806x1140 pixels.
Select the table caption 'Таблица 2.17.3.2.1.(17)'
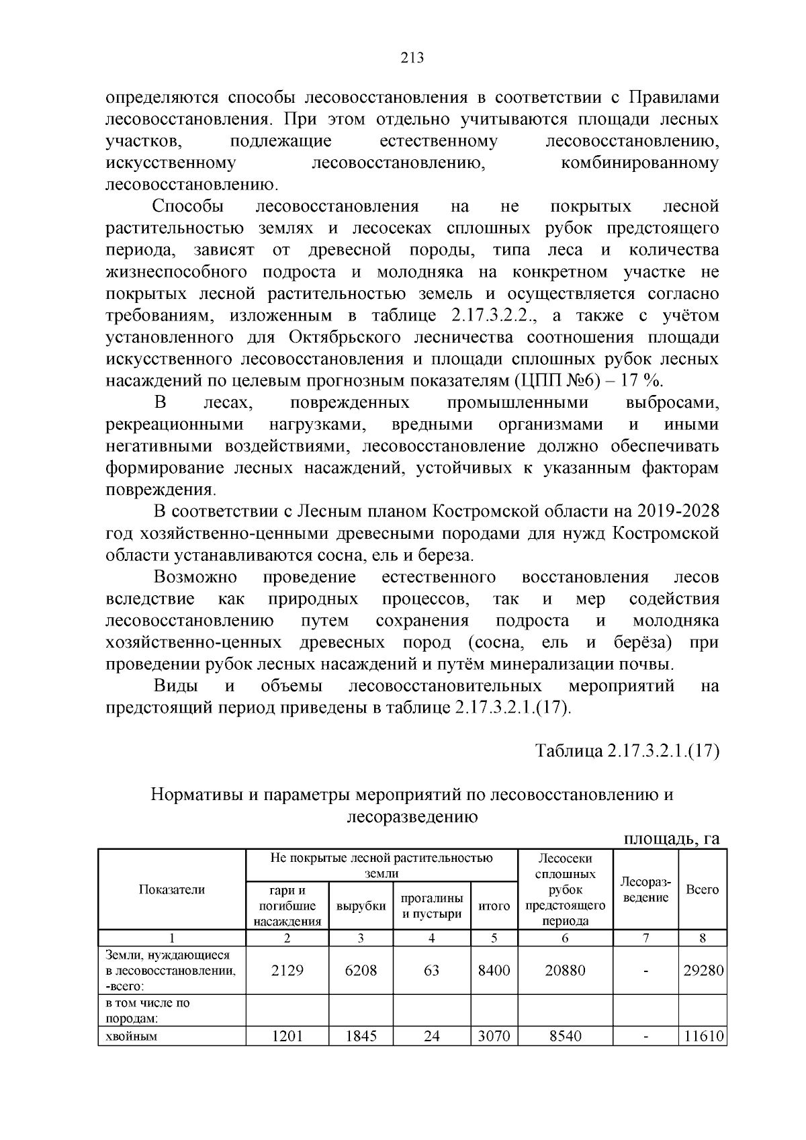(x=627, y=750)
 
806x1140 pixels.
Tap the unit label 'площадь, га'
(x=672, y=838)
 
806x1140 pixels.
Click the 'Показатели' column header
(x=172, y=889)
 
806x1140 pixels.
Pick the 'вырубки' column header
(x=361, y=906)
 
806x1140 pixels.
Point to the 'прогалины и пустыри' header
(x=432, y=906)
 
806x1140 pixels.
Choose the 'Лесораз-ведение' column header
(x=645, y=889)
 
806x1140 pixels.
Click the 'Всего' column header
(x=702, y=889)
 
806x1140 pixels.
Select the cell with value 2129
(x=287, y=970)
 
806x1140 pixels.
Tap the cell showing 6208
(x=361, y=970)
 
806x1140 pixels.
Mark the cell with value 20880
(x=566, y=970)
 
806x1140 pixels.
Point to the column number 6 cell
(x=566, y=938)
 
